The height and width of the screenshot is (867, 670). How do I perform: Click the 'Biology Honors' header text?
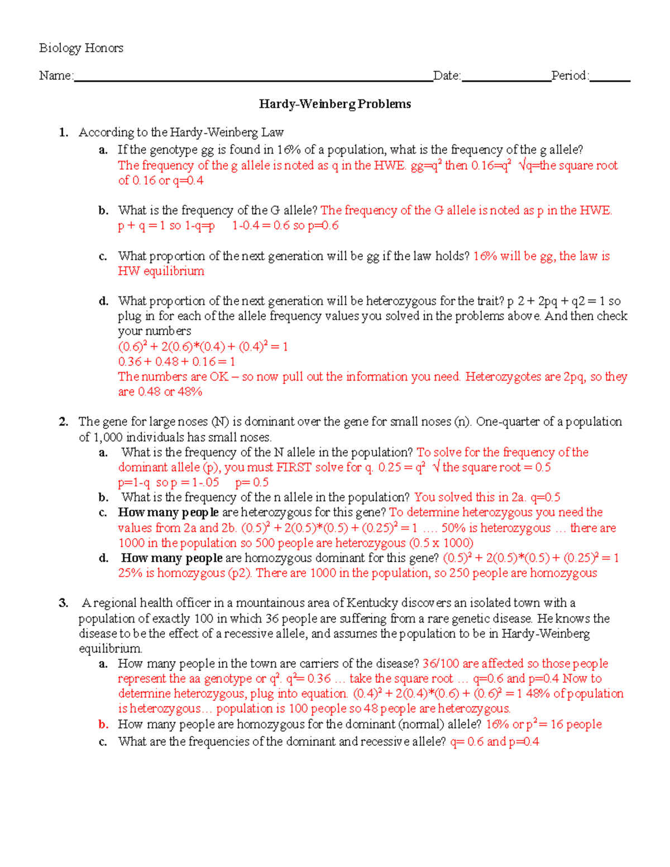(x=81, y=48)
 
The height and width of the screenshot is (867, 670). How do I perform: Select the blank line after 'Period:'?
(x=610, y=78)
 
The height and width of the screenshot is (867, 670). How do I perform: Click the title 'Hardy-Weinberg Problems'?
(x=335, y=104)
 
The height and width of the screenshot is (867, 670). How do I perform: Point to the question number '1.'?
(x=64, y=132)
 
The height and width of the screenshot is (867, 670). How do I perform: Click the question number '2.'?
(x=64, y=421)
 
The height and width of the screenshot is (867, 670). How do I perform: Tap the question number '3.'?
(x=64, y=603)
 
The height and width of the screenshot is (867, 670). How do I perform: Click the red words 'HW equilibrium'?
(x=161, y=271)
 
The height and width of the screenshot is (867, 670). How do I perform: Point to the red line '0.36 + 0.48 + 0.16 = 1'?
(x=176, y=361)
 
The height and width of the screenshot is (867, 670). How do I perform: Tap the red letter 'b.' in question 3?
(x=103, y=724)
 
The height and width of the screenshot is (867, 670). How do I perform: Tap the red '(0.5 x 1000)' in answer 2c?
(x=441, y=543)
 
